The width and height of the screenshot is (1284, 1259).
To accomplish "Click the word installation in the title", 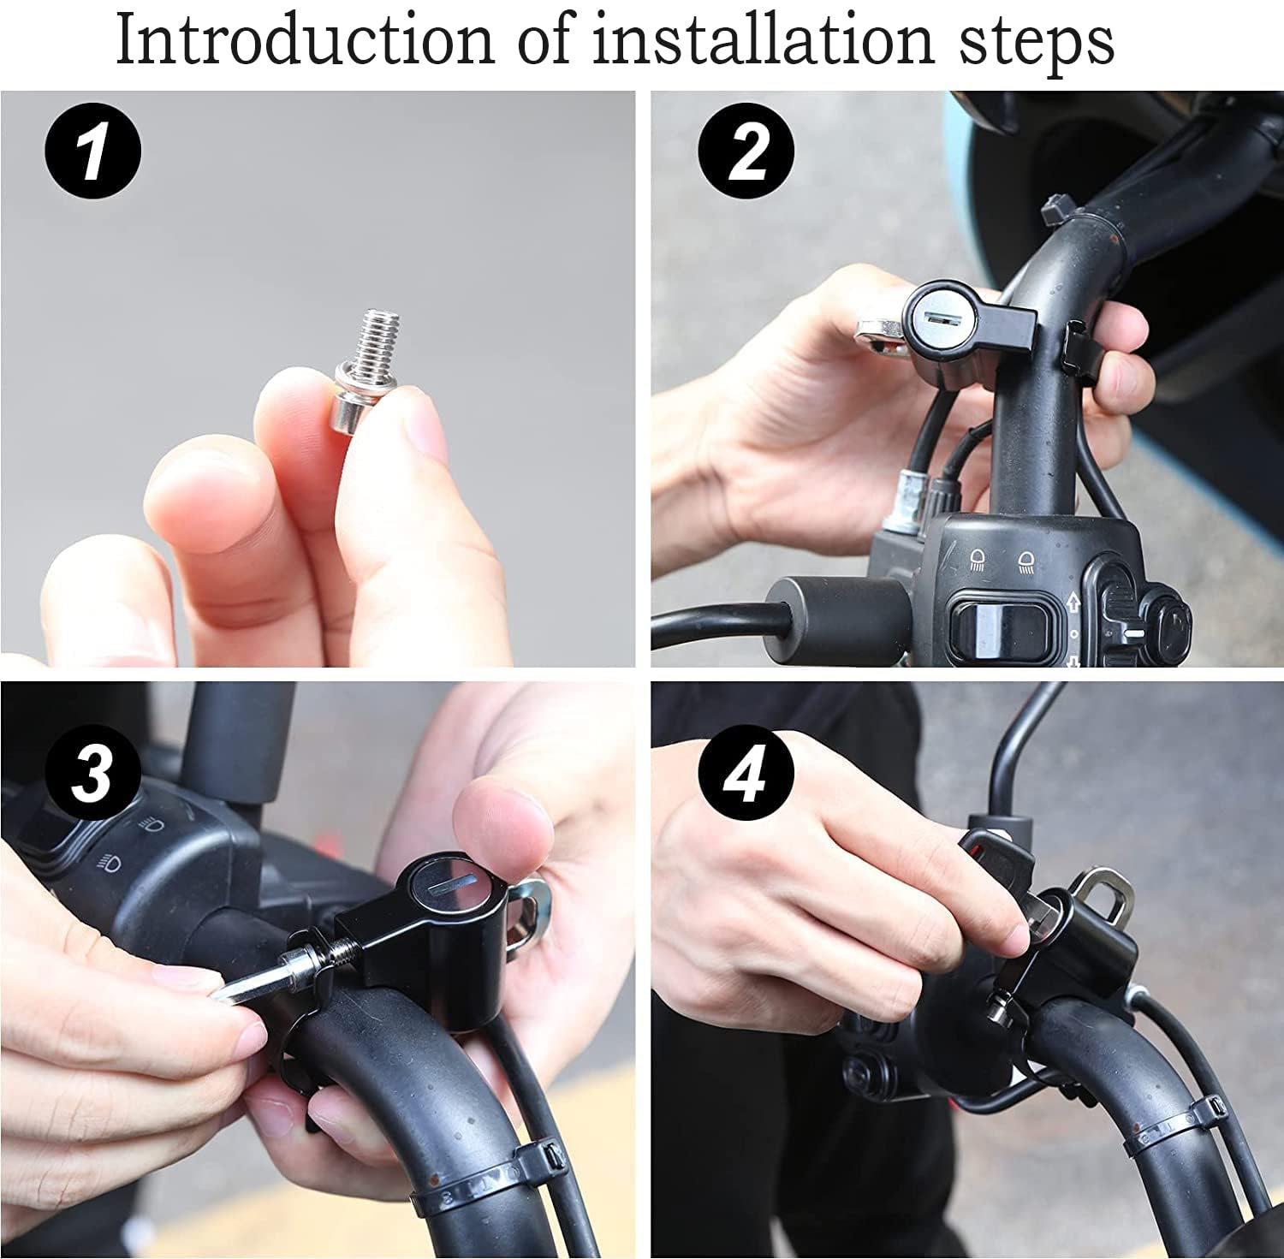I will tap(762, 39).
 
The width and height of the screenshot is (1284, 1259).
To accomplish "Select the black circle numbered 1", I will tap(92, 151).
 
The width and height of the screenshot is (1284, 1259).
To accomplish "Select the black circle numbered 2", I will tap(746, 151).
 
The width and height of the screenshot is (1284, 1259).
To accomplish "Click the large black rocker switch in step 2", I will tap(998, 621).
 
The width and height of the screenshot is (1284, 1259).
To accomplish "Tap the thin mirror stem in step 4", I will tap(1010, 753).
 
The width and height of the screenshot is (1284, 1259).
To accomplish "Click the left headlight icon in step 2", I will tap(978, 561).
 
